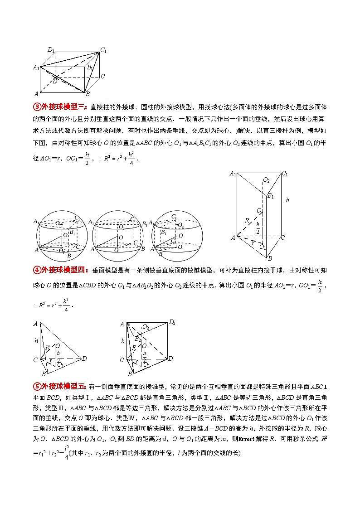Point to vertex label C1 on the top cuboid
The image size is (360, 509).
103,50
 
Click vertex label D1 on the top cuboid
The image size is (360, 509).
51,49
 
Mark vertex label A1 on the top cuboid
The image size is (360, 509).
36,67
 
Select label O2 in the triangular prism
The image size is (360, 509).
267,180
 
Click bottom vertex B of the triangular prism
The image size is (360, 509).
269,258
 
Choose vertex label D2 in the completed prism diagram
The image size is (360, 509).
172,323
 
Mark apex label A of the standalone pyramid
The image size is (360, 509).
35,324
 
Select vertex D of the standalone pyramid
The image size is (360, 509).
84,359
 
